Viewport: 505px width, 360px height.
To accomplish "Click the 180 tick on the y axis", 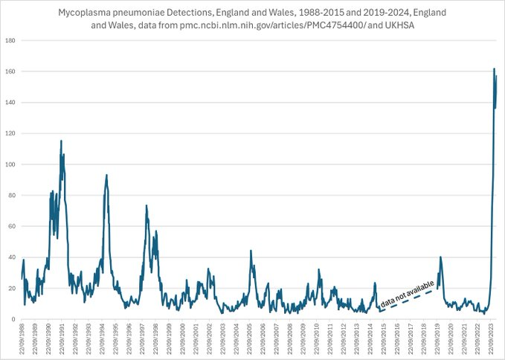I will [x=12, y=40].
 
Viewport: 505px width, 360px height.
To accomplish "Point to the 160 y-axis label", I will [x=12, y=71].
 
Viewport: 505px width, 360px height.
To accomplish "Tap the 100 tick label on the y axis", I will [x=12, y=164].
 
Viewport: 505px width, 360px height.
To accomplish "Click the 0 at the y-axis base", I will [x=15, y=319].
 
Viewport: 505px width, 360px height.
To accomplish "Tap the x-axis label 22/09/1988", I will [x=23, y=339].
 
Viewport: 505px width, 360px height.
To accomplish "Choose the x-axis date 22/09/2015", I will [x=380, y=339].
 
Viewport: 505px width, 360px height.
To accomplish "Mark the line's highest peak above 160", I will [x=495, y=69].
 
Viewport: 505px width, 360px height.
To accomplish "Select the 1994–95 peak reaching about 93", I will [x=106, y=175].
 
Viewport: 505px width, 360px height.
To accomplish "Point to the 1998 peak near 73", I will [x=147, y=205].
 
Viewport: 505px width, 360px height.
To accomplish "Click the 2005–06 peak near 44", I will [x=251, y=251].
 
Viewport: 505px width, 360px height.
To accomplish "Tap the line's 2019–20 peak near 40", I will [x=441, y=257].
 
